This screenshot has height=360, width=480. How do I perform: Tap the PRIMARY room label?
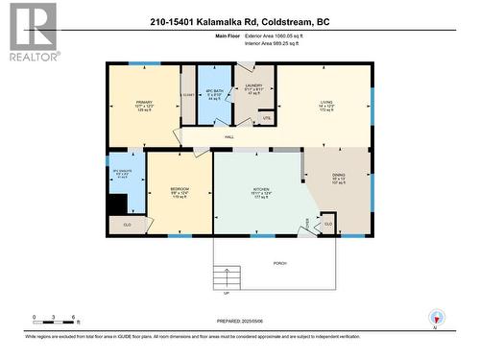coord(143,102)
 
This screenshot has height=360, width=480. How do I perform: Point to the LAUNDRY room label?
coord(253,85)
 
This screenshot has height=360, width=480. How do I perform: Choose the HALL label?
coord(229,137)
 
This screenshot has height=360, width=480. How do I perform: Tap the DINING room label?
coord(338,175)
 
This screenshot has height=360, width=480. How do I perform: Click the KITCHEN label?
coord(259,189)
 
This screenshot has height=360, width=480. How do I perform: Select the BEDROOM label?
coord(179,189)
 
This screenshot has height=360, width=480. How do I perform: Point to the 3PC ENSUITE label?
coord(121,170)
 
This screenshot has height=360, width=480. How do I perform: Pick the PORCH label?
coord(280,263)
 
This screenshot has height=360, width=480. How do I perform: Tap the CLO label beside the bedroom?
coord(128,223)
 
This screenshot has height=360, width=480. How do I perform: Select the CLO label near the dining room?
coord(328,224)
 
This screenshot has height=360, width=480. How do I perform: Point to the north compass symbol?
coord(438,321)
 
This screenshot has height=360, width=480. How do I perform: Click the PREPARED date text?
coord(239,320)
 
